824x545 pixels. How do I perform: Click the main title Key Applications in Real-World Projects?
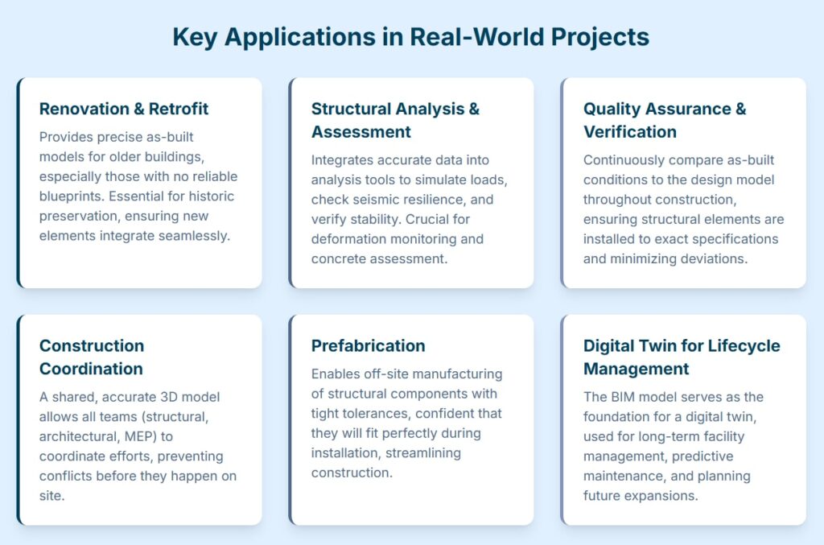(411, 37)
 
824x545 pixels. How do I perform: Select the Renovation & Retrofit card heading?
(124, 109)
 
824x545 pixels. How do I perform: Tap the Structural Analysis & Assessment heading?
(395, 121)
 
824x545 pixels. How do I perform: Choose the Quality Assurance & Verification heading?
(665, 121)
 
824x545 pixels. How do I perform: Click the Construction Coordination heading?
(92, 357)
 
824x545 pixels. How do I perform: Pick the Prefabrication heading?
(368, 346)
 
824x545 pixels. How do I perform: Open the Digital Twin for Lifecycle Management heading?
(682, 357)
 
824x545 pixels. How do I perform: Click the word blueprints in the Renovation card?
(72, 196)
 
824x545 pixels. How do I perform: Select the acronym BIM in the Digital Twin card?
(624, 398)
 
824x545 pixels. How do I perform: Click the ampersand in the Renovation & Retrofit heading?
(138, 109)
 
